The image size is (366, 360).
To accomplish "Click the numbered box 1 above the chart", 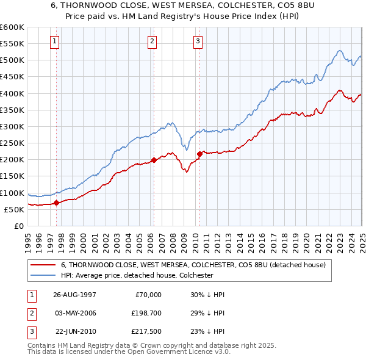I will pos(55,41).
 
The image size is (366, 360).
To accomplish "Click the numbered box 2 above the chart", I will pos(152,41).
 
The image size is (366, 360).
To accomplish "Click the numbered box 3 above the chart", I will pos(198,41).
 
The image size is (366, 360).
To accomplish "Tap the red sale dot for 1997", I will pos(57,203).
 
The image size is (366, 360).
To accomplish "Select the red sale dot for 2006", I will pos(154,160).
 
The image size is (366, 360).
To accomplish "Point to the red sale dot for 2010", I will pos(199,154).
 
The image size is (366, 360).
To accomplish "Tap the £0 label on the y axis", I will pos(18,226).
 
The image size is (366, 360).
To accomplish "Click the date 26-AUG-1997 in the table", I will pos(76,294).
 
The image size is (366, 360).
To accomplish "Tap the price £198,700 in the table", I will pos(146,314).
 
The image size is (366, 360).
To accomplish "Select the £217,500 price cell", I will pos(146,333).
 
